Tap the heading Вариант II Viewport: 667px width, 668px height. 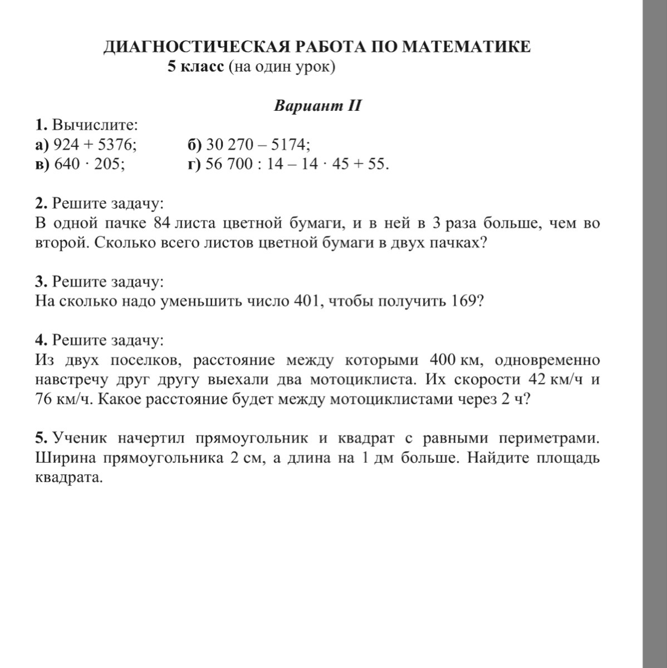tap(318, 106)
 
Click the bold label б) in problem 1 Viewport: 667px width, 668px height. tap(194, 145)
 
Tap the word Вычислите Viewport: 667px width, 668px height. tap(95, 125)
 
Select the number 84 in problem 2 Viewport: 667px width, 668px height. tap(161, 223)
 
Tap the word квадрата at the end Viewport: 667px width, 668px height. tap(69, 477)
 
